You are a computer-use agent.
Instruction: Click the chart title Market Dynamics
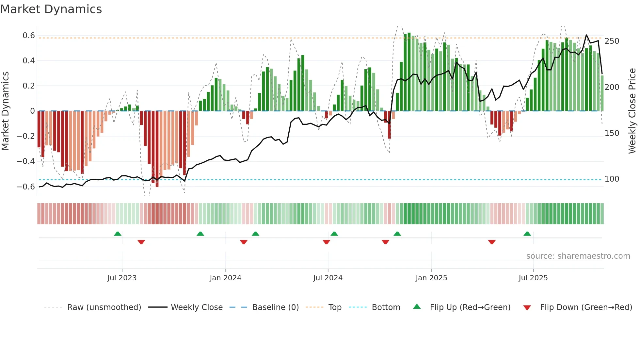tap(51, 9)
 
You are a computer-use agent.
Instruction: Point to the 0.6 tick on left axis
tap(29, 35)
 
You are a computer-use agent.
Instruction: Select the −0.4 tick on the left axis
tap(26, 161)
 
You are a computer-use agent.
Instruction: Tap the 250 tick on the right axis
tap(612, 41)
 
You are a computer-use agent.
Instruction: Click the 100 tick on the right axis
tap(612, 179)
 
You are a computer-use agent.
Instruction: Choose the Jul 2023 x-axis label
tap(122, 278)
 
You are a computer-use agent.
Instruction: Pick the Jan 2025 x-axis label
tap(431, 278)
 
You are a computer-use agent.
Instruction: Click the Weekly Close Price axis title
tap(632, 111)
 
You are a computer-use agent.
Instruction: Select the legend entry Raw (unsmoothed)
tap(104, 307)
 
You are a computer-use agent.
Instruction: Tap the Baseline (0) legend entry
tap(275, 307)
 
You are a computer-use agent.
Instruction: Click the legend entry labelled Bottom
tap(386, 307)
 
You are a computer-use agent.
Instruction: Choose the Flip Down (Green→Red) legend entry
tap(586, 307)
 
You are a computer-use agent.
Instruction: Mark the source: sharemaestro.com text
tap(578, 256)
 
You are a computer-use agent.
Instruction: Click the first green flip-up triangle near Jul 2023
tap(118, 234)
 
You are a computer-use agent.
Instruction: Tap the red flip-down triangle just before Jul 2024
tap(326, 242)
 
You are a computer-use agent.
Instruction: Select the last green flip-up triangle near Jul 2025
tap(527, 234)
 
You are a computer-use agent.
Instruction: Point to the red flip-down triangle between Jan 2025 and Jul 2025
tap(492, 242)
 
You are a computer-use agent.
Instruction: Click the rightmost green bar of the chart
tap(602, 93)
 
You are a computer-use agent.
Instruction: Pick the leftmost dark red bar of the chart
tap(39, 129)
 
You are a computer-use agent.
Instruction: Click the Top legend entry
tap(335, 307)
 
